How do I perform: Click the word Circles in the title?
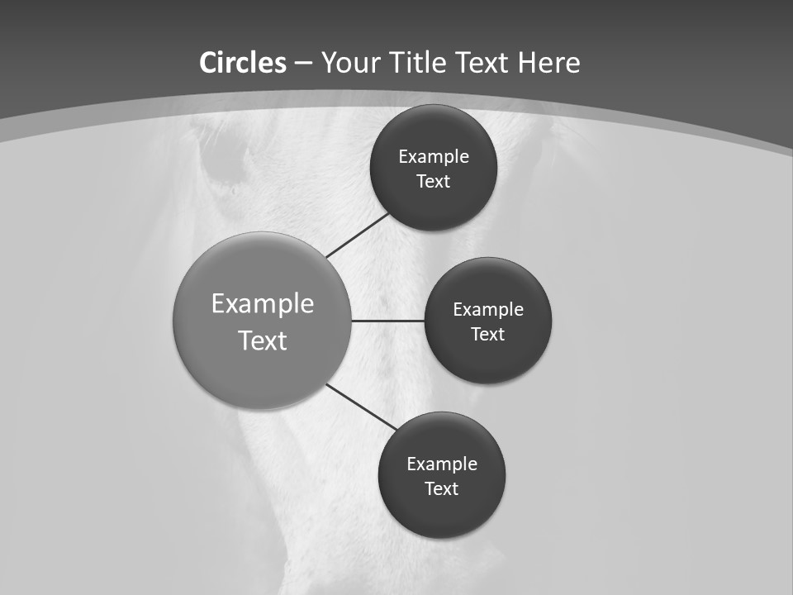pos(243,63)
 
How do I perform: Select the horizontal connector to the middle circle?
pos(387,321)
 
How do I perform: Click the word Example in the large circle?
pos(263,304)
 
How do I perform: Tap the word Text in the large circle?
pos(263,340)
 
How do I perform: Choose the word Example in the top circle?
pos(434,157)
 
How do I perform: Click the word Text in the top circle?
pos(433,182)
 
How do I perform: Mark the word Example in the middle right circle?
pos(488,310)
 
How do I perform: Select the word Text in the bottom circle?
pos(441,489)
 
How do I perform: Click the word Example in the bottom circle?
pos(442,464)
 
